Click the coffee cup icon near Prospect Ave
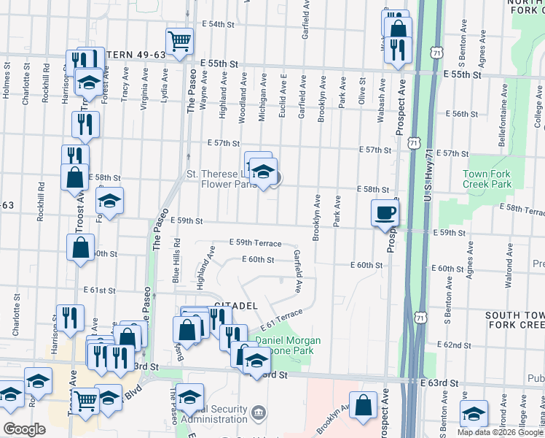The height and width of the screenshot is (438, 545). point(385,212)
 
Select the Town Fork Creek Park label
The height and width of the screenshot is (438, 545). point(488,179)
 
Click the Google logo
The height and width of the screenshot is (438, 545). point(24,429)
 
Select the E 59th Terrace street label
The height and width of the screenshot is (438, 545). point(254,242)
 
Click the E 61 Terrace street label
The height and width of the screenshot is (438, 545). point(281,321)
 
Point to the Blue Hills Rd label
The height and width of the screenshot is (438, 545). point(175,260)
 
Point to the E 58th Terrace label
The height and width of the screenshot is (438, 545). point(522,210)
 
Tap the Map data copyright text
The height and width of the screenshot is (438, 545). point(499,432)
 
